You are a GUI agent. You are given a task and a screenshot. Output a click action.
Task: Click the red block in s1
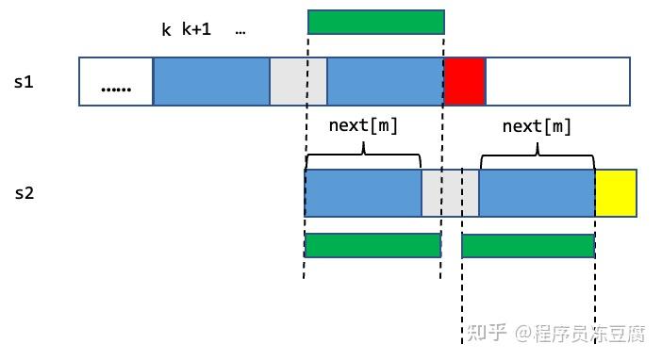(464, 81)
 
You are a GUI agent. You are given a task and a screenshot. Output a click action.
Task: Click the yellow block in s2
(616, 193)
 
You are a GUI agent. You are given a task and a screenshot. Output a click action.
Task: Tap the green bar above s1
(375, 23)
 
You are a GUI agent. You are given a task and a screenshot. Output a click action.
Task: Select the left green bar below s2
(372, 245)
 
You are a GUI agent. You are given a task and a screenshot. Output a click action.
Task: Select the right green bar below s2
(527, 245)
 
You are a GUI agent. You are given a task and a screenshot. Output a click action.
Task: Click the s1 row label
(25, 82)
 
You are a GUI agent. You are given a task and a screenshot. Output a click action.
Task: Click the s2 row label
(25, 193)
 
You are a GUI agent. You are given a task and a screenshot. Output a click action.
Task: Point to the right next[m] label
(537, 125)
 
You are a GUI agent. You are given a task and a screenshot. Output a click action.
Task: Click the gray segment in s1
(298, 81)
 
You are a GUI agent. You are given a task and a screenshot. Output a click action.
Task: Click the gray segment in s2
(450, 193)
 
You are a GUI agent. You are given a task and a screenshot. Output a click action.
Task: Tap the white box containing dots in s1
(116, 81)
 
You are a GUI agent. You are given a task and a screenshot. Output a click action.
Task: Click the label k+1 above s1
(196, 29)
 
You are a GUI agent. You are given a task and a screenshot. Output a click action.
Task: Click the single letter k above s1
(166, 29)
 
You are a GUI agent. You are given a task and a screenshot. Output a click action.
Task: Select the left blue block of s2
(363, 193)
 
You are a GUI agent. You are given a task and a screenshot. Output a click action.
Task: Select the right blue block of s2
(537, 193)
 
